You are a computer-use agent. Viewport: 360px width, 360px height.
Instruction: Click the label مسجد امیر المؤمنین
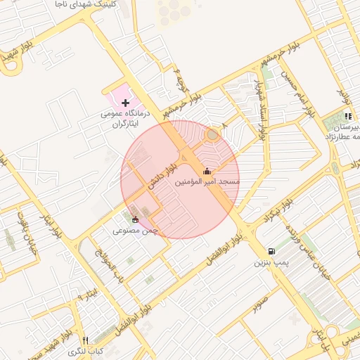[x=207, y=182]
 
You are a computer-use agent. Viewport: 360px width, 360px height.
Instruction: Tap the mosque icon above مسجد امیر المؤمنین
[x=207, y=172]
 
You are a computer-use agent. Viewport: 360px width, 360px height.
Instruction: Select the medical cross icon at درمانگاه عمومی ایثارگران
[x=125, y=103]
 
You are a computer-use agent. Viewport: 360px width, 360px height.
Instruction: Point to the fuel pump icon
[x=271, y=252]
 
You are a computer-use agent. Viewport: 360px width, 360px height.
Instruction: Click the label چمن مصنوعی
[x=135, y=230]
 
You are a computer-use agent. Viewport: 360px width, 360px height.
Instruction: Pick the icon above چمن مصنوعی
[x=135, y=219]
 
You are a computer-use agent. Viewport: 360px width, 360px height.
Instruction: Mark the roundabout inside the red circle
[x=212, y=134]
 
